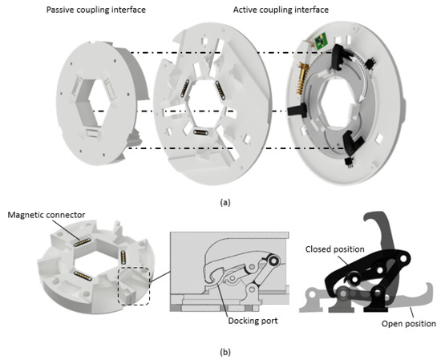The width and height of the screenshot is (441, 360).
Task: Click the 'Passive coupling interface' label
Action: [x=96, y=10]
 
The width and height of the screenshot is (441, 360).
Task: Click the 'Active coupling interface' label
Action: [x=281, y=10]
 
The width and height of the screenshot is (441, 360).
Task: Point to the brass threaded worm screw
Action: [x=303, y=79]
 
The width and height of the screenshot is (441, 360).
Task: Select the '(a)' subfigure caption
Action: [x=225, y=202]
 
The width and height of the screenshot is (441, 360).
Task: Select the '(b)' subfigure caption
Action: [x=225, y=352]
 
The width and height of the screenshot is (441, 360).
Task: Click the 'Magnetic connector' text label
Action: [x=47, y=215]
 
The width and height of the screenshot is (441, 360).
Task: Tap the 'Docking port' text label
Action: [x=253, y=321]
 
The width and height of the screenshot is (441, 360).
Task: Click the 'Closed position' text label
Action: [x=334, y=249]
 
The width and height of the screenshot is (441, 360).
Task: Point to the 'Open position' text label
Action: [x=408, y=323]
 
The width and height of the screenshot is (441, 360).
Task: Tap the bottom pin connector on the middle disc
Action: [x=200, y=132]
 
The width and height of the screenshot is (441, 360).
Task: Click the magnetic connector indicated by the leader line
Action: [x=82, y=242]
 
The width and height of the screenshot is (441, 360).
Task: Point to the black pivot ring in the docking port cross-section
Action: [x=273, y=261]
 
